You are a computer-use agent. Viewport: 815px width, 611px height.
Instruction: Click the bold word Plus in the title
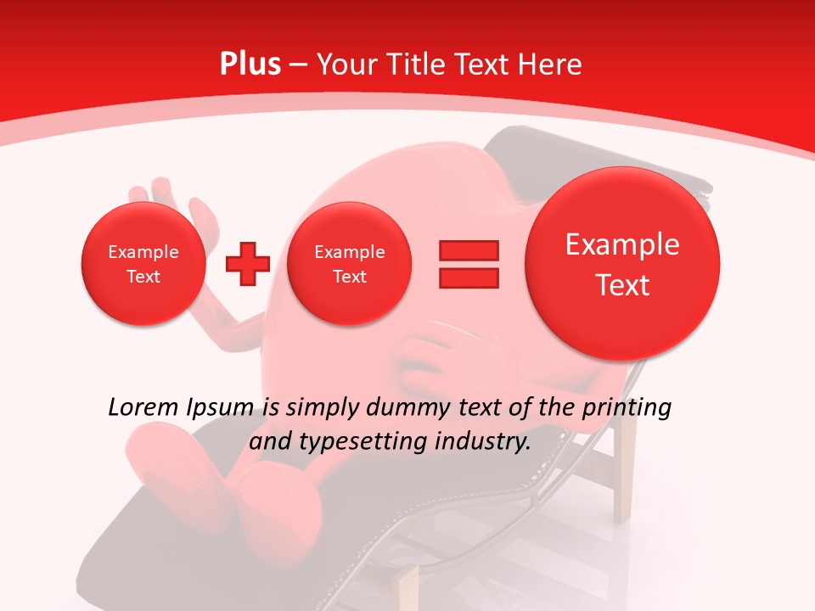(x=250, y=64)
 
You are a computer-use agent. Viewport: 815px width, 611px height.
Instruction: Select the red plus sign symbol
(x=248, y=264)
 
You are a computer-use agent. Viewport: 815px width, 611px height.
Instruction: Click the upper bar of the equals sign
(x=469, y=250)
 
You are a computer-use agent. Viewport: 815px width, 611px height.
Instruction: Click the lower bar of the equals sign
(x=469, y=277)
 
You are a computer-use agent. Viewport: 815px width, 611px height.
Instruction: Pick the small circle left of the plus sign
(x=143, y=264)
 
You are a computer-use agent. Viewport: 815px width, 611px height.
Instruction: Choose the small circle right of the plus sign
(x=349, y=264)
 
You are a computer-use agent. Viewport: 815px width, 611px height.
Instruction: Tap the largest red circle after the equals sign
(x=622, y=264)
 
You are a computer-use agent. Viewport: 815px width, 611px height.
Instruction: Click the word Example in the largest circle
(x=622, y=244)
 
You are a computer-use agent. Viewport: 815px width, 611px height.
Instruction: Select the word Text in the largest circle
(x=622, y=285)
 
